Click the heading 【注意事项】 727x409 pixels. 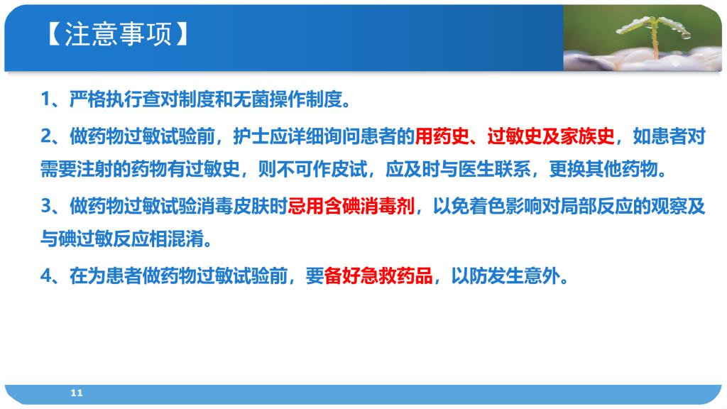[118, 34]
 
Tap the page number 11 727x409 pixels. [77, 393]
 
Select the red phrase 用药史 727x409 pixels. [442, 136]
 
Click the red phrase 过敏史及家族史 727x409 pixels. [551, 136]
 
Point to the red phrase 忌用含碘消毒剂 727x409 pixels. [351, 206]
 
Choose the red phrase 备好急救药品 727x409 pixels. [378, 276]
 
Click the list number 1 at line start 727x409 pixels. [45, 99]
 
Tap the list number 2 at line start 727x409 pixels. [46, 136]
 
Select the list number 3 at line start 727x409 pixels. [46, 206]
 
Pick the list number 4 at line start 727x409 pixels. [46, 276]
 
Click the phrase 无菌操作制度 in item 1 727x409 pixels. [288, 99]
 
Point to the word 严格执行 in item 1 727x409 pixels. [106, 99]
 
